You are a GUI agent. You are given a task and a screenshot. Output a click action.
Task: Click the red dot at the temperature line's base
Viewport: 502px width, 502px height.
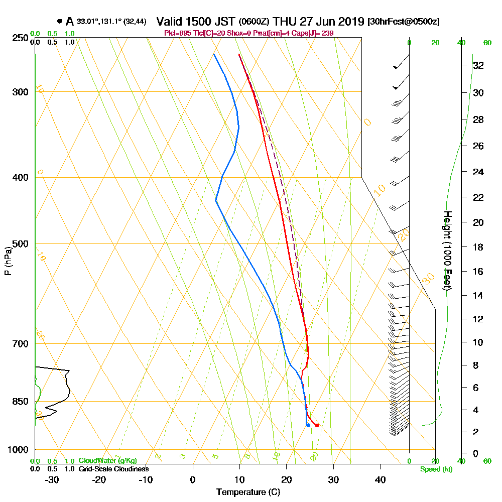click(316, 425)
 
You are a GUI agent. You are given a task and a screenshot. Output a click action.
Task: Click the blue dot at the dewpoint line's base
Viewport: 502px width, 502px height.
click(308, 425)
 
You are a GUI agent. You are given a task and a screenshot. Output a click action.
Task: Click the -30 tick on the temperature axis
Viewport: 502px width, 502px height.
click(52, 479)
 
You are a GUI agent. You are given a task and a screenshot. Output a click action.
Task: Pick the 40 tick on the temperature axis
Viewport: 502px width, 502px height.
click(380, 479)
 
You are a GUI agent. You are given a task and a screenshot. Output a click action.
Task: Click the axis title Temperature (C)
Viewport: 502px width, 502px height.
click(248, 492)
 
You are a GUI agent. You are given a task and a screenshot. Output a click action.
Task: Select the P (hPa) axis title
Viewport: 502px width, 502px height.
click(8, 261)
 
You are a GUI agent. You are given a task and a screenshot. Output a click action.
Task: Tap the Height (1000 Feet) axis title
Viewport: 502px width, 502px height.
click(446, 250)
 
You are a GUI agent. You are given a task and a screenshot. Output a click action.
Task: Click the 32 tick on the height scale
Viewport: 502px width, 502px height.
click(478, 65)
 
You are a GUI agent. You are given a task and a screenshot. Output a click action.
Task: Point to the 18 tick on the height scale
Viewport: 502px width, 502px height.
click(478, 247)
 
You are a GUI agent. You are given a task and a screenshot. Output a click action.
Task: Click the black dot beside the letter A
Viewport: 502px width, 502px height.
click(60, 21)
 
